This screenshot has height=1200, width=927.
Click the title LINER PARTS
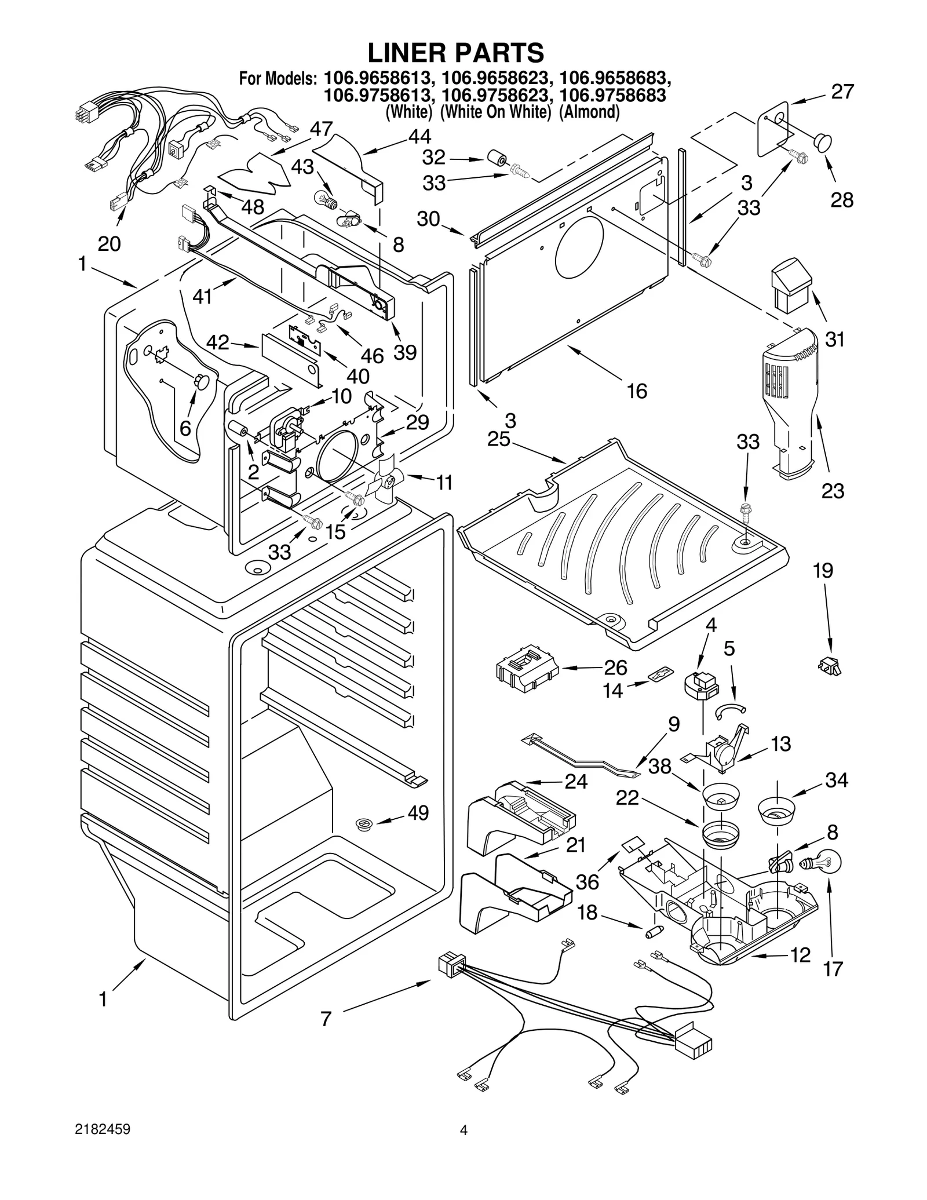coord(456,53)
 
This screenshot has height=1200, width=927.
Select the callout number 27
coord(842,92)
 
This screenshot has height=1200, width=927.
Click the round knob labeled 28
coord(821,141)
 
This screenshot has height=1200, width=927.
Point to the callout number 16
coord(637,391)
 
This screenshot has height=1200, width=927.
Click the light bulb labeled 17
coord(822,863)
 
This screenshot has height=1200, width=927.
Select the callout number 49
coord(418,813)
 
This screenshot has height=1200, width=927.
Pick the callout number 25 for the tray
coord(498,439)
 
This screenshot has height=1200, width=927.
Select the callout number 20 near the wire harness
coord(109,244)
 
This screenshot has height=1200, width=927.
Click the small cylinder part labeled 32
coord(496,159)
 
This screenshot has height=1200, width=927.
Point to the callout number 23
coord(833,491)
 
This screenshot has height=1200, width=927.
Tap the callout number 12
coord(800,955)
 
